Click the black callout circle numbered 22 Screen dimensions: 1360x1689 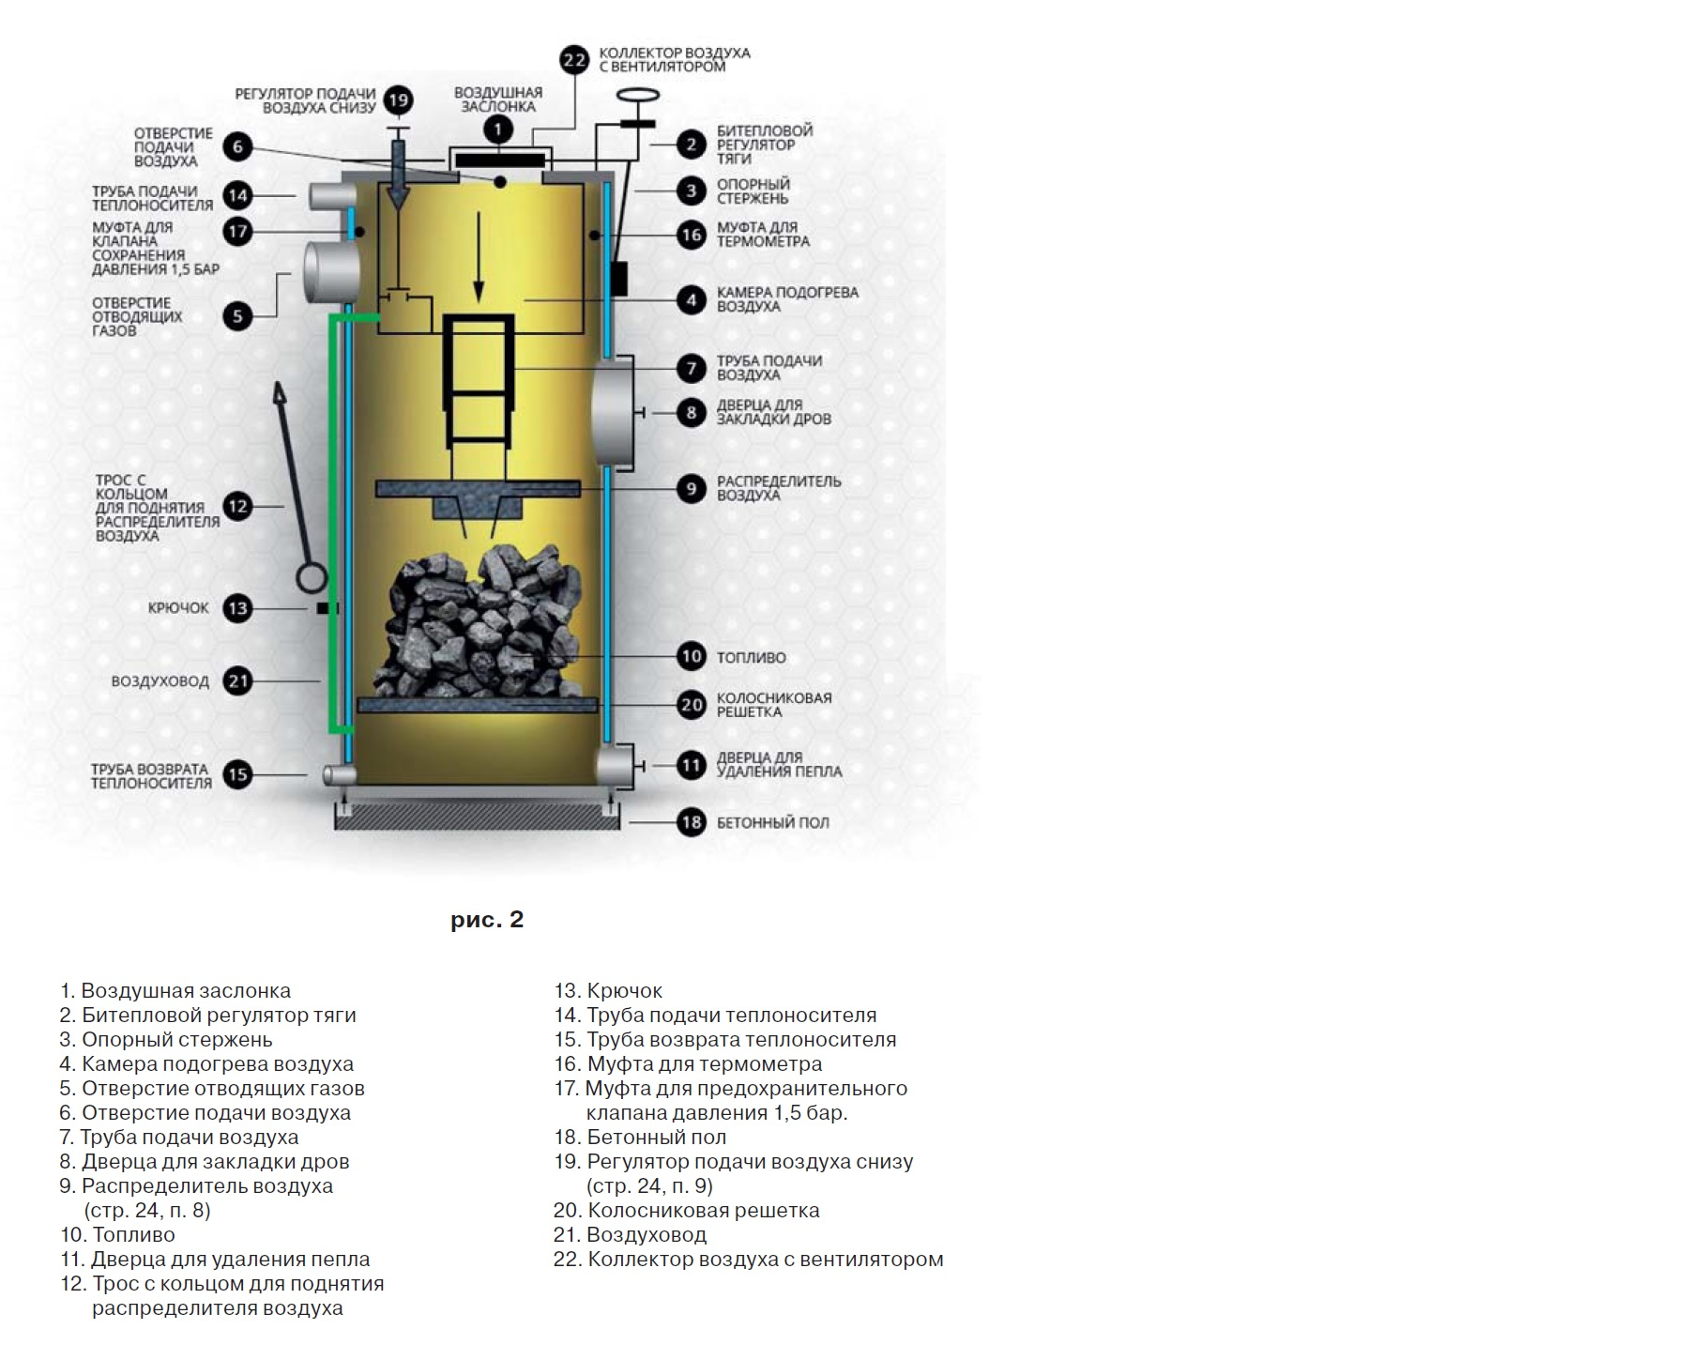point(574,60)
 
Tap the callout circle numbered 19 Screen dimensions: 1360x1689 point(399,100)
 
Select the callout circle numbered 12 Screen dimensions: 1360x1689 point(238,507)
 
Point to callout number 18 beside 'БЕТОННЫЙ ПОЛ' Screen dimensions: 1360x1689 point(692,822)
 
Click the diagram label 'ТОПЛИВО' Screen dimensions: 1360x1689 point(751,658)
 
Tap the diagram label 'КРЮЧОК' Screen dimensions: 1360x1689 point(178,608)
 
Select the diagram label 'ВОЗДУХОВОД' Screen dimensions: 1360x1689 point(160,681)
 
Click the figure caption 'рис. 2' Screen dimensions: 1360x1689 point(487,920)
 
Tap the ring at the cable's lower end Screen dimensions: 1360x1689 point(312,576)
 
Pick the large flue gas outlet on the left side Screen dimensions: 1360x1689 point(330,271)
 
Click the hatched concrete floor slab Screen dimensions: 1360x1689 point(477,818)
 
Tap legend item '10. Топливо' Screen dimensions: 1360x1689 point(117,1234)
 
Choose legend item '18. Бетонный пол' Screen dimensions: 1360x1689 point(640,1137)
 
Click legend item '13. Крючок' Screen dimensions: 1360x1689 point(608,990)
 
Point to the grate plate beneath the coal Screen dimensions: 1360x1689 point(477,704)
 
